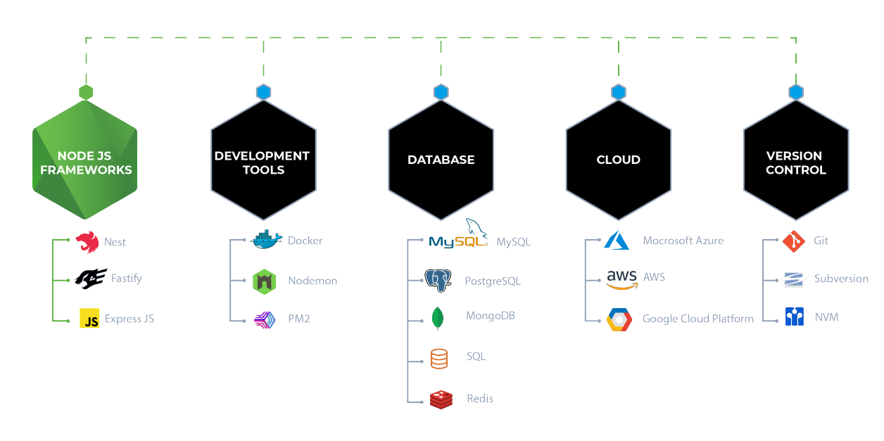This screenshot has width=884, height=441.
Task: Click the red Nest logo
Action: click(87, 242)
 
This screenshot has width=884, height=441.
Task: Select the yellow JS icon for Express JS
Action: click(89, 319)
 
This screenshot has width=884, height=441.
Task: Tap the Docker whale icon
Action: click(267, 241)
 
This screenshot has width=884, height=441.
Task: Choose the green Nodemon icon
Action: click(265, 281)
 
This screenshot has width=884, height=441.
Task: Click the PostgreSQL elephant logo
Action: click(438, 281)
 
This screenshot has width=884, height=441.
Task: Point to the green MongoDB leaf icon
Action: click(438, 318)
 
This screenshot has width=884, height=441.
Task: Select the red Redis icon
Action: click(441, 399)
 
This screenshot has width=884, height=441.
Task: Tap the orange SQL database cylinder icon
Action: click(438, 358)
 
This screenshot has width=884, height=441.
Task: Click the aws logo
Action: click(621, 279)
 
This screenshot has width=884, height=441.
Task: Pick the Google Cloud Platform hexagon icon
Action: click(619, 319)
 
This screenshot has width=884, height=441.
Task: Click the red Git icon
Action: click(793, 241)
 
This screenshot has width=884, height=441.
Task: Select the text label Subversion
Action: click(841, 279)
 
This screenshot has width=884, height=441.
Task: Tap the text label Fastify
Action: click(126, 279)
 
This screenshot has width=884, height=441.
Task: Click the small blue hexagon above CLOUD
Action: click(618, 92)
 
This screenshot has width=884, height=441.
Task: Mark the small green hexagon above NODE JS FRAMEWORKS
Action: click(86, 92)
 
